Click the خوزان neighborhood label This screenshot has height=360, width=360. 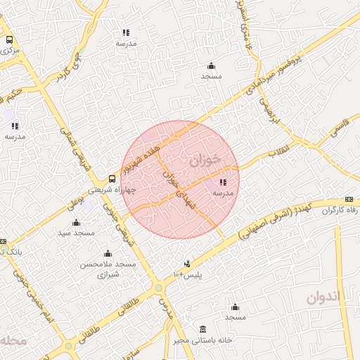(205, 160)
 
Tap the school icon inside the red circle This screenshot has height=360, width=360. (223, 183)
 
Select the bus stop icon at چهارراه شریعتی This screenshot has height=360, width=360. (112, 179)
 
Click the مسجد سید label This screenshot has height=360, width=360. (76, 232)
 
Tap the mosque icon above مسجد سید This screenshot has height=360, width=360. (76, 222)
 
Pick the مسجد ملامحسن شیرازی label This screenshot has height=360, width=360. (108, 268)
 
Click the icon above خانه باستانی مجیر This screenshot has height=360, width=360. (203, 329)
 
